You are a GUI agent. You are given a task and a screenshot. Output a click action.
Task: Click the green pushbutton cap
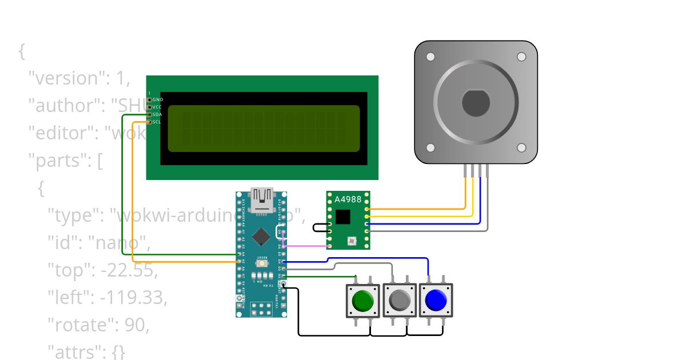(362, 301)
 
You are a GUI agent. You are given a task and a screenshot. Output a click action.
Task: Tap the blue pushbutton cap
(436, 299)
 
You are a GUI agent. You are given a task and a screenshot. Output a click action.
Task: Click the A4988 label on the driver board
(348, 199)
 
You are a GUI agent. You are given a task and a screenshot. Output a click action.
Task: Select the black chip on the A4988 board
(342, 217)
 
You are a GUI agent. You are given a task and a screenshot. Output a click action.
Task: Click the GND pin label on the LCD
(158, 99)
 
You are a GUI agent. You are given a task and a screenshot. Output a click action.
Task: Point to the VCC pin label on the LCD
(158, 107)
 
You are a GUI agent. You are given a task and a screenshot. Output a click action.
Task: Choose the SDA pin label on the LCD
(158, 114)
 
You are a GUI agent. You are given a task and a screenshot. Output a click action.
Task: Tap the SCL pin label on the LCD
(157, 122)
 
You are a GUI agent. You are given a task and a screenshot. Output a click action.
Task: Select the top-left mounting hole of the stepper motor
(430, 57)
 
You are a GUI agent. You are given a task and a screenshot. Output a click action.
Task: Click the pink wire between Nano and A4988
(306, 246)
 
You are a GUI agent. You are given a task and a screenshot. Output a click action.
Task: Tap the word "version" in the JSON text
(68, 78)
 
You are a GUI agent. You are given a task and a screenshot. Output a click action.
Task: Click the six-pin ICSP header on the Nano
(261, 309)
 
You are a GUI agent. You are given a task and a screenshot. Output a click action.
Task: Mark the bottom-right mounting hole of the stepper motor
(521, 147)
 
